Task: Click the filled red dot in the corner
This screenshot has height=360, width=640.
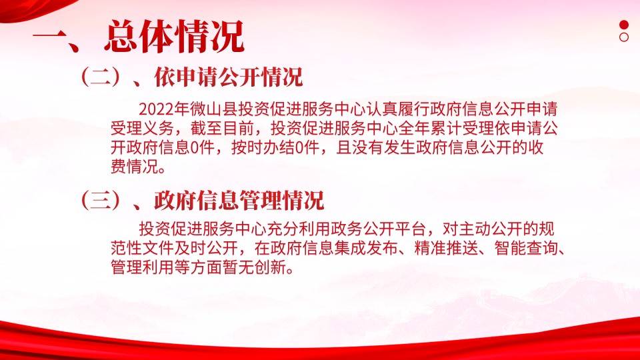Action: tap(624, 25)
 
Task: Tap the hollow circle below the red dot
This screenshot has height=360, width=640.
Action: tap(624, 37)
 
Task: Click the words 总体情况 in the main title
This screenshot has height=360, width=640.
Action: tap(174, 37)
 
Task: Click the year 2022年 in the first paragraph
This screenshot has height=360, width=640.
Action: tap(164, 109)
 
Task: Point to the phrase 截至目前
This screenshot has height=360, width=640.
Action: tap(223, 128)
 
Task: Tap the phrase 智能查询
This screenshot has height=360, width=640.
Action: tap(526, 247)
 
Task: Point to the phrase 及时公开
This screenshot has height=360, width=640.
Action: tap(207, 247)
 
